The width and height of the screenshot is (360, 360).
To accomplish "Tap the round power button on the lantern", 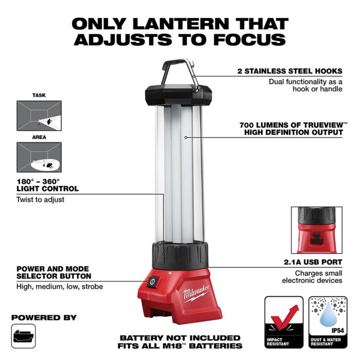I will tap(152, 282).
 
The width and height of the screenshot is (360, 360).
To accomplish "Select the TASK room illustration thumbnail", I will tap(39, 115).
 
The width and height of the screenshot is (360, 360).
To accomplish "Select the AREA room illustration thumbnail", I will tap(39, 157).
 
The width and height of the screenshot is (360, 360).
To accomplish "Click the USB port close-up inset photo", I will tap(316, 231).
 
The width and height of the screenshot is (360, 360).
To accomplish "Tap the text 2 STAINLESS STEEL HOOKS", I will tap(290, 71).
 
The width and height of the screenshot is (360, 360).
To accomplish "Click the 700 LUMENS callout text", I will tap(291, 128).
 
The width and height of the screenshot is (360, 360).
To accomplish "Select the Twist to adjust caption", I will tap(41, 199).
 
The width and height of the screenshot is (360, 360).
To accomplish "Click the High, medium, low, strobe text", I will tap(60, 286).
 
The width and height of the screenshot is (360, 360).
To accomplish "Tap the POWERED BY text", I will tap(44, 317).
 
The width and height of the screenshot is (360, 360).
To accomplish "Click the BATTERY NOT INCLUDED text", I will tap(180, 338).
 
